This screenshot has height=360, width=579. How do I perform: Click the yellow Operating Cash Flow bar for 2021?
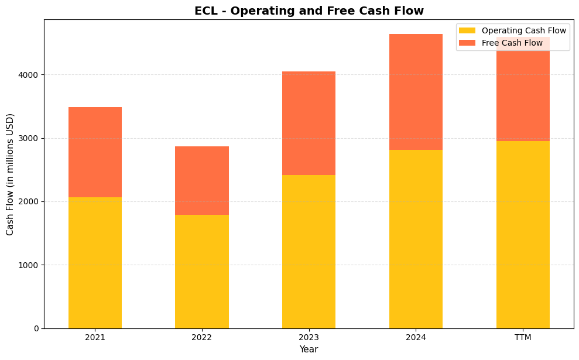[95, 263]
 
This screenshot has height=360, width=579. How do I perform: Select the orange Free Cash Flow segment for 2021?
[95, 152]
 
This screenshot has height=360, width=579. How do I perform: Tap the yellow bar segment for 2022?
[202, 272]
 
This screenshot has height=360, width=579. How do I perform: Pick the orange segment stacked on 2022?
[202, 180]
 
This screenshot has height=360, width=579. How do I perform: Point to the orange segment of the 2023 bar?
[309, 123]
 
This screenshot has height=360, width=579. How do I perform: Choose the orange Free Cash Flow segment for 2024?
[416, 92]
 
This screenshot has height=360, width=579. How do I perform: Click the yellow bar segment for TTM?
[523, 234]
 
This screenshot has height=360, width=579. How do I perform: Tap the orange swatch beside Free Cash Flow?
[468, 43]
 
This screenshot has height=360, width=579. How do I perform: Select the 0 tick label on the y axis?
[36, 328]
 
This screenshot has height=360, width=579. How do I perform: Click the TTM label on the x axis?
[523, 337]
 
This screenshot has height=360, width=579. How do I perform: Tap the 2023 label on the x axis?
[309, 337]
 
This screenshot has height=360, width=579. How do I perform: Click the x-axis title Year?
[309, 349]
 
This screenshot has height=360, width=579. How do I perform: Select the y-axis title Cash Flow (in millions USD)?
[10, 174]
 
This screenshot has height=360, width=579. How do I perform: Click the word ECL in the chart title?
[206, 11]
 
